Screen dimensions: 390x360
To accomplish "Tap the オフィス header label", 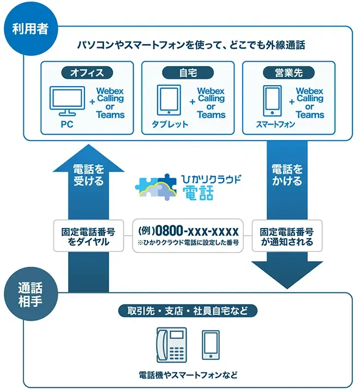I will (87, 71).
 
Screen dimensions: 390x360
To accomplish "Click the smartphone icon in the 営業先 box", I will (272, 100).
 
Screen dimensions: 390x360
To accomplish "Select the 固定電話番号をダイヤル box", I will (88, 236).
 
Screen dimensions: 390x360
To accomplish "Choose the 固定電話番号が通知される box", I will (287, 236).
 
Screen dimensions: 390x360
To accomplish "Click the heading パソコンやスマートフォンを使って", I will (190, 45).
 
